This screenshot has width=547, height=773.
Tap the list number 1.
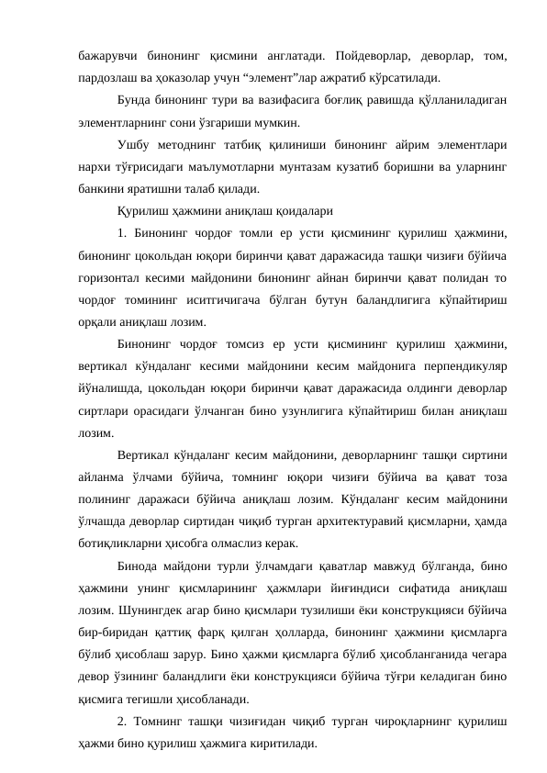(123, 231)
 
